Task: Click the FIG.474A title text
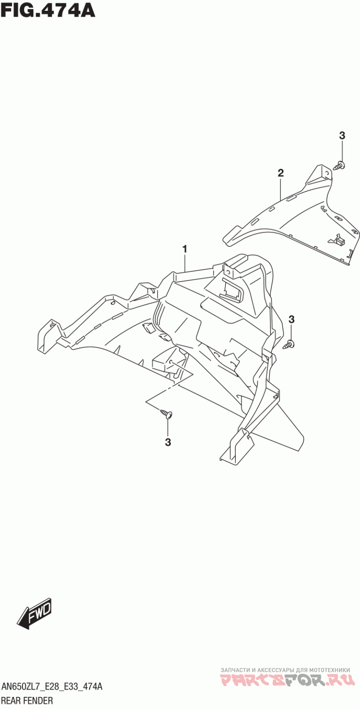48,10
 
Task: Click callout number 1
184,248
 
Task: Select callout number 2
280,172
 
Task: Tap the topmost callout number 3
342,135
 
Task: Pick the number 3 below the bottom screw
168,443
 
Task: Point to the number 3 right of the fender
291,320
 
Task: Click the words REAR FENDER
27,700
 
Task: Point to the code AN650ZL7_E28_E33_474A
52,687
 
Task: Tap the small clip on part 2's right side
338,241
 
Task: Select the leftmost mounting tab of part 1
47,334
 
